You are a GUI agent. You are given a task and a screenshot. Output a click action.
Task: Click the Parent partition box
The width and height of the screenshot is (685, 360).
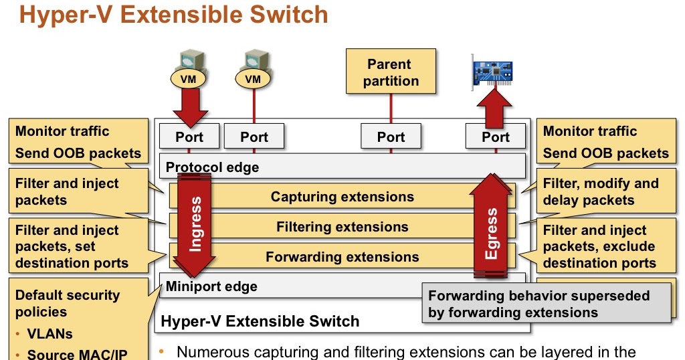point(391,72)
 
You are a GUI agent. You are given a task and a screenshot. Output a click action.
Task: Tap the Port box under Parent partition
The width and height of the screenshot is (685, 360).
point(391,137)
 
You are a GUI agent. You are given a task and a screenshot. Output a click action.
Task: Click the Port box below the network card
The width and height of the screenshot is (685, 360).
point(496,137)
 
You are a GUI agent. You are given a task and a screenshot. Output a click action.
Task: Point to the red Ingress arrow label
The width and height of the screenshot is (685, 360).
point(195,224)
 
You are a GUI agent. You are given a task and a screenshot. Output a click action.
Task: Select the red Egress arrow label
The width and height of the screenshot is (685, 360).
point(492,233)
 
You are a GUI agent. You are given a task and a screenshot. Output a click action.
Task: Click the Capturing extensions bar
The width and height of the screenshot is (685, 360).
point(342,197)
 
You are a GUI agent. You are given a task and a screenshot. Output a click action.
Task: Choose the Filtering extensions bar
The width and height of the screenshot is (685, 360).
point(342,227)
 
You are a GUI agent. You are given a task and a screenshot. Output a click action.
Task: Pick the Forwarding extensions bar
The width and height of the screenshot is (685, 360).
point(342,256)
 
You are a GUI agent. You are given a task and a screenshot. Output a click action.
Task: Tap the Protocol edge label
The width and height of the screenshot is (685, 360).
point(212,167)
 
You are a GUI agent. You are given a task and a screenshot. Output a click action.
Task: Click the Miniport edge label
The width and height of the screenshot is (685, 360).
point(211,286)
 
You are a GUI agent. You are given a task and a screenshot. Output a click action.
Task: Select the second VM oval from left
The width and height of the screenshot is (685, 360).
point(253,79)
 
